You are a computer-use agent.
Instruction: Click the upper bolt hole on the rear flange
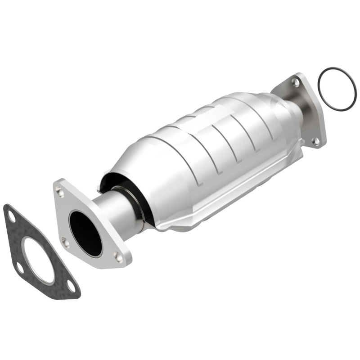295,82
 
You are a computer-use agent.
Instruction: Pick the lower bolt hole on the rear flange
316,141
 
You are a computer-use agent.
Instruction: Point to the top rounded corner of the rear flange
298,76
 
